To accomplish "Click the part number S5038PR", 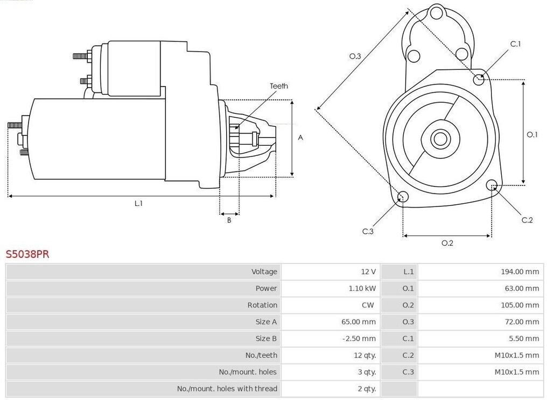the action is click(27, 254).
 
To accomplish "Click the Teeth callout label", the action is click(279, 86).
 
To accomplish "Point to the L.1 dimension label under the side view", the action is click(138, 203).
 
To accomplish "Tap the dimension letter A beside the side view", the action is click(300, 138).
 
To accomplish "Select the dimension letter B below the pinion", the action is click(229, 220).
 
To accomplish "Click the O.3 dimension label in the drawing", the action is click(355, 56).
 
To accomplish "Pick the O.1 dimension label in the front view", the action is click(532, 134).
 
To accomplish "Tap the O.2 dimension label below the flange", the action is click(447, 243).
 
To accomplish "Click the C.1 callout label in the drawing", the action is click(516, 44).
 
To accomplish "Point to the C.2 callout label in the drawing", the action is click(527, 220).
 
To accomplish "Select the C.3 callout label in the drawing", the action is click(368, 231).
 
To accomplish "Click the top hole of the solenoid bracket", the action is click(437, 13).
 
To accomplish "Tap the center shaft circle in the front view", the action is click(440, 139).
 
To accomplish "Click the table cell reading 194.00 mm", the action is click(520, 272).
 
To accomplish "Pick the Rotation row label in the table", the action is click(262, 305).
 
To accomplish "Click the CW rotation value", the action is click(368, 305).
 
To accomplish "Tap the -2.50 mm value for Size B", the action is click(359, 339).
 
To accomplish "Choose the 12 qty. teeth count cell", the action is click(365, 355).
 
